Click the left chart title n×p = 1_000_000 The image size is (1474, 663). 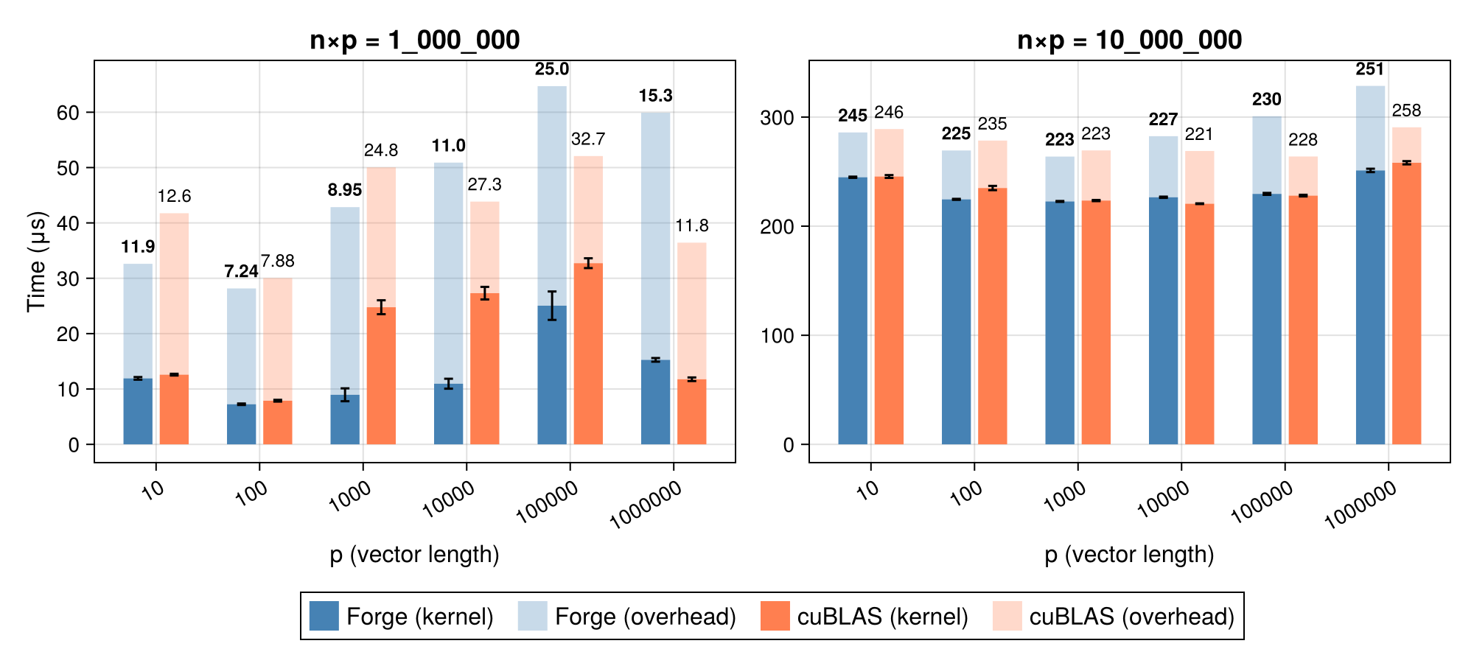414,41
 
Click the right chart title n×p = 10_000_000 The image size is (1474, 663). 1129,41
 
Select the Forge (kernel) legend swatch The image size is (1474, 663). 324,616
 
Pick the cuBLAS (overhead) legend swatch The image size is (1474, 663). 1007,616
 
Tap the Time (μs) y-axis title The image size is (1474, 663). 36,262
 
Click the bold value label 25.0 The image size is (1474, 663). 552,69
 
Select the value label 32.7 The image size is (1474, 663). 588,139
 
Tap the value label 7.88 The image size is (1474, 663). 278,261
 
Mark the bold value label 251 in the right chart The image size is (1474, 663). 1370,69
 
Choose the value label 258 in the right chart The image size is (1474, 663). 1406,110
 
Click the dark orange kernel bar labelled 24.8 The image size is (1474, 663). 381,376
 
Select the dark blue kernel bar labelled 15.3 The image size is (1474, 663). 655,402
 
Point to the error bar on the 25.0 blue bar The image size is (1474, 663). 552,305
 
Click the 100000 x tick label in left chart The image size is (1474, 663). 547,501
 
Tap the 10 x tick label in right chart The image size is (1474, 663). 870,489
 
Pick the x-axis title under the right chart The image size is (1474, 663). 1129,554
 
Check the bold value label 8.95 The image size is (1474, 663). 345,190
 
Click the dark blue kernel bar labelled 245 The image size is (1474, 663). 853,310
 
